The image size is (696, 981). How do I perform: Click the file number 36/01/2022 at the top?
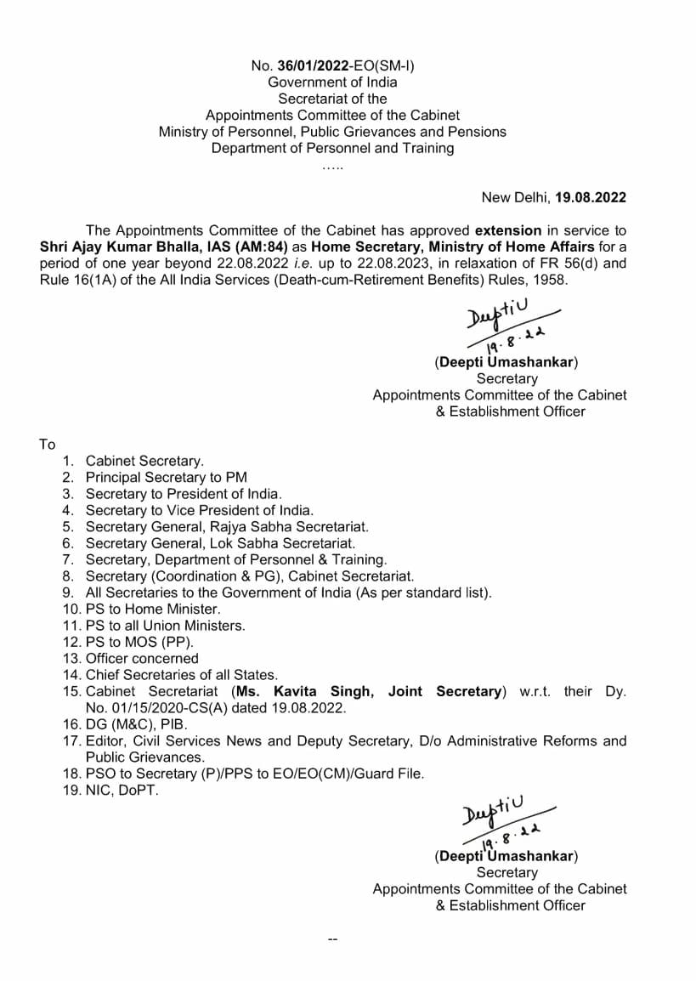click(309, 65)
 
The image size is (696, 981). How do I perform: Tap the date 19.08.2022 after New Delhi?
click(591, 197)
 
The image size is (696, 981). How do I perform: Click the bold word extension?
click(507, 230)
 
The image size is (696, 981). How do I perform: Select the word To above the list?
click(47, 445)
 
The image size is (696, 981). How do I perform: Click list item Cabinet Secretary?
click(144, 461)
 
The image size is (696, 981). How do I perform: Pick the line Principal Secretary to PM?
click(166, 477)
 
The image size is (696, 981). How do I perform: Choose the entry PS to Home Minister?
click(152, 609)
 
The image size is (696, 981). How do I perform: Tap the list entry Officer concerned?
click(141, 658)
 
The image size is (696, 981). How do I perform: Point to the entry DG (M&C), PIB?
click(135, 724)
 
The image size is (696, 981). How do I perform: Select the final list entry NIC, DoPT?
click(122, 790)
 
